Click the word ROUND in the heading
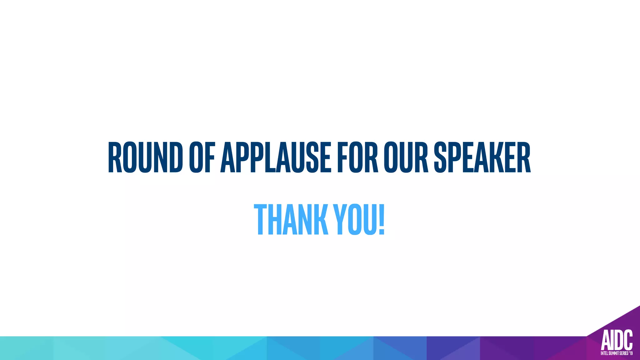(145, 157)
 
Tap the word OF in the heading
(202, 157)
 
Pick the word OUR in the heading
(406, 157)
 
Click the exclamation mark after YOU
(381, 219)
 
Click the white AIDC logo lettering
(617, 340)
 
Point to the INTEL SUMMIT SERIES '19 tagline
(617, 353)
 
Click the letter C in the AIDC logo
(627, 340)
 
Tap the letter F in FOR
(342, 157)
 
